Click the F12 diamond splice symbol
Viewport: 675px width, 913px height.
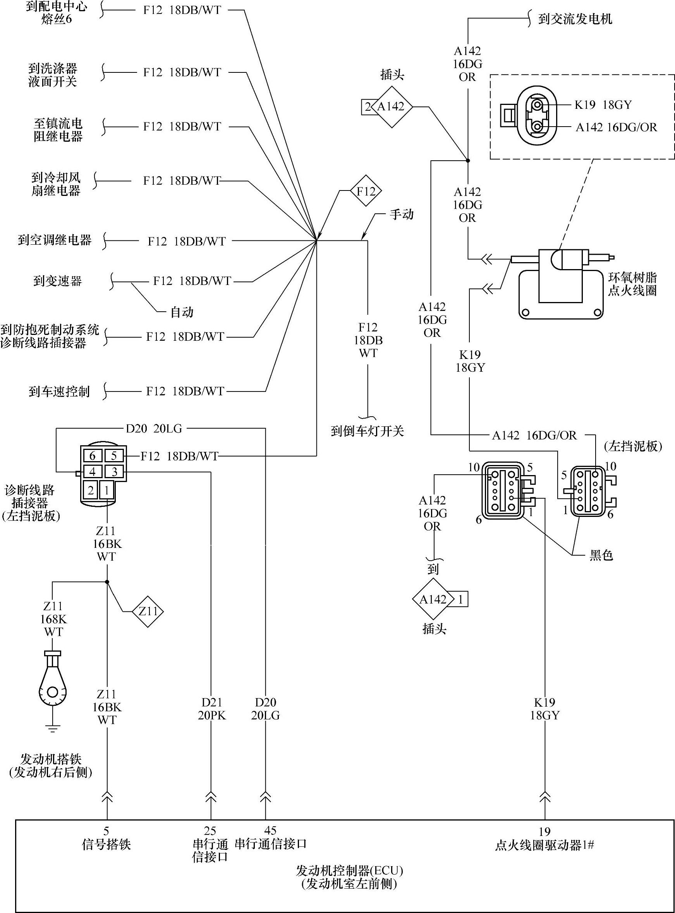(365, 191)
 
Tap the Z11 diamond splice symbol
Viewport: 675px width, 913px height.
(148, 611)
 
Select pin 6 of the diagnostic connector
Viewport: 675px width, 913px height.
(92, 455)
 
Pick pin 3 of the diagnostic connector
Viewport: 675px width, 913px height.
(114, 472)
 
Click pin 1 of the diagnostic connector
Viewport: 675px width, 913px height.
(106, 490)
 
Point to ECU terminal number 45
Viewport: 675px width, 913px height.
(270, 831)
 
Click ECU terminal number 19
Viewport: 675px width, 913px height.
(544, 832)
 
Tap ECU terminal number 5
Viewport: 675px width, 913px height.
(106, 831)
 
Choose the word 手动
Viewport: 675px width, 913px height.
(401, 215)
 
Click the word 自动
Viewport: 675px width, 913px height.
(182, 312)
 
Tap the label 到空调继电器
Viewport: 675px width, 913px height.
(55, 240)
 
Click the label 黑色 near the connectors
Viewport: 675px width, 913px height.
(601, 555)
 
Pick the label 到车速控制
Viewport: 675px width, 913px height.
(59, 391)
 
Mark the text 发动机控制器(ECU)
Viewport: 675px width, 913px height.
(349, 871)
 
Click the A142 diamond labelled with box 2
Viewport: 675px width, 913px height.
(391, 107)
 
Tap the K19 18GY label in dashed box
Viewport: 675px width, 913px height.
(603, 105)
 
